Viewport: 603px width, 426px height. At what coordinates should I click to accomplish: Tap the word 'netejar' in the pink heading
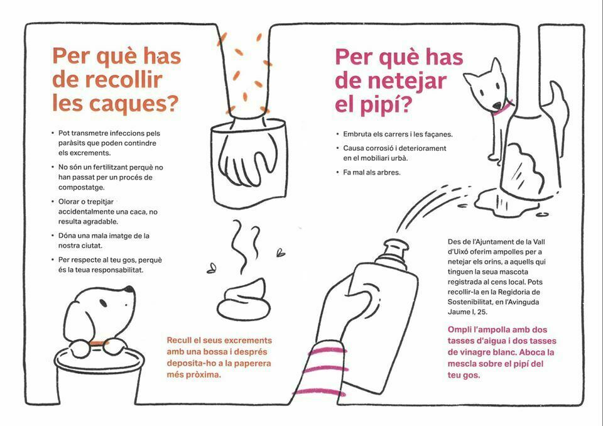tap(407, 81)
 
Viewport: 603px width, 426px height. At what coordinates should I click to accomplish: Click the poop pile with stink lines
tap(244, 300)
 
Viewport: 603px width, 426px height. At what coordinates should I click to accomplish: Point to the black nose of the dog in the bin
tap(129, 289)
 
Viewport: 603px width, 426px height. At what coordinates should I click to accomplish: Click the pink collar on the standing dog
tap(503, 108)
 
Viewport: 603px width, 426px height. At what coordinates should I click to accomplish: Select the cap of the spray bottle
tap(396, 251)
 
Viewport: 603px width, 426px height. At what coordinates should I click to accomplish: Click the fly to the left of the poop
tap(211, 268)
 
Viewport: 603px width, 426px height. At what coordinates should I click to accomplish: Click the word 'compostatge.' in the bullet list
tap(82, 188)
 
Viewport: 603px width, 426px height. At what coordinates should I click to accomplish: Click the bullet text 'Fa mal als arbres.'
tap(371, 172)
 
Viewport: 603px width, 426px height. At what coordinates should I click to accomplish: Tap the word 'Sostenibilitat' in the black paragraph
tap(472, 302)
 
